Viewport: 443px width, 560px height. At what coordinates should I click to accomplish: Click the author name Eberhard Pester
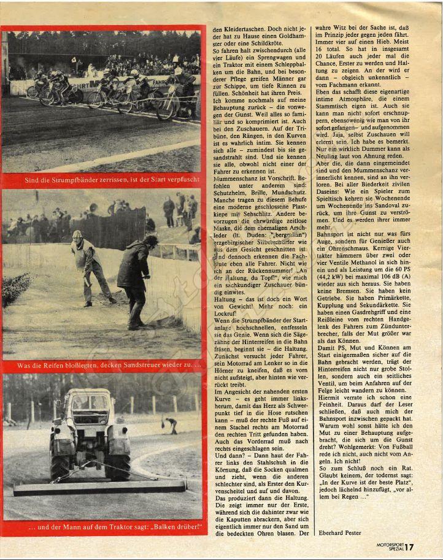point(340,532)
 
